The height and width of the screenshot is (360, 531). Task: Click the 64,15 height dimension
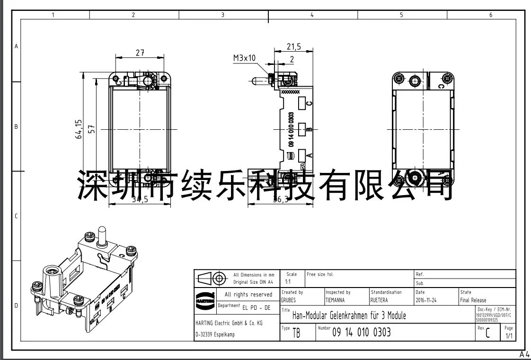click(79, 129)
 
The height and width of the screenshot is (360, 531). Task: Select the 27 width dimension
click(140, 53)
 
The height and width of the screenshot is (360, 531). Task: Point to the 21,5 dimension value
click(293, 47)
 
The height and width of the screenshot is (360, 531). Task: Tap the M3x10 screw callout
click(244, 58)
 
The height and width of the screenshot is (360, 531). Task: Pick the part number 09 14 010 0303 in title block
click(362, 332)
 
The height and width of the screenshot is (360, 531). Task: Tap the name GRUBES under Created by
click(288, 300)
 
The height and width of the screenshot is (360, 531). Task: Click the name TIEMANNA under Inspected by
click(335, 300)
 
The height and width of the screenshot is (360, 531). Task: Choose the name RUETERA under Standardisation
click(379, 300)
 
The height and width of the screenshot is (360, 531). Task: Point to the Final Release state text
click(473, 300)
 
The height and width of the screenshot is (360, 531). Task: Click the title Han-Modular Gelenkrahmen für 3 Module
click(349, 315)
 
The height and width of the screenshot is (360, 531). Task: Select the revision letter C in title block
click(487, 333)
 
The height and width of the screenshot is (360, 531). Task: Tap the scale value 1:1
click(288, 281)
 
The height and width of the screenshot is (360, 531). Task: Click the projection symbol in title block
click(212, 278)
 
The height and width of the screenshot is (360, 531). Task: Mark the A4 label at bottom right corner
click(524, 354)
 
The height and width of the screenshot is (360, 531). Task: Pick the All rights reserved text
click(248, 295)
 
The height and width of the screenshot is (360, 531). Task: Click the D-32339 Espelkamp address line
click(215, 334)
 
